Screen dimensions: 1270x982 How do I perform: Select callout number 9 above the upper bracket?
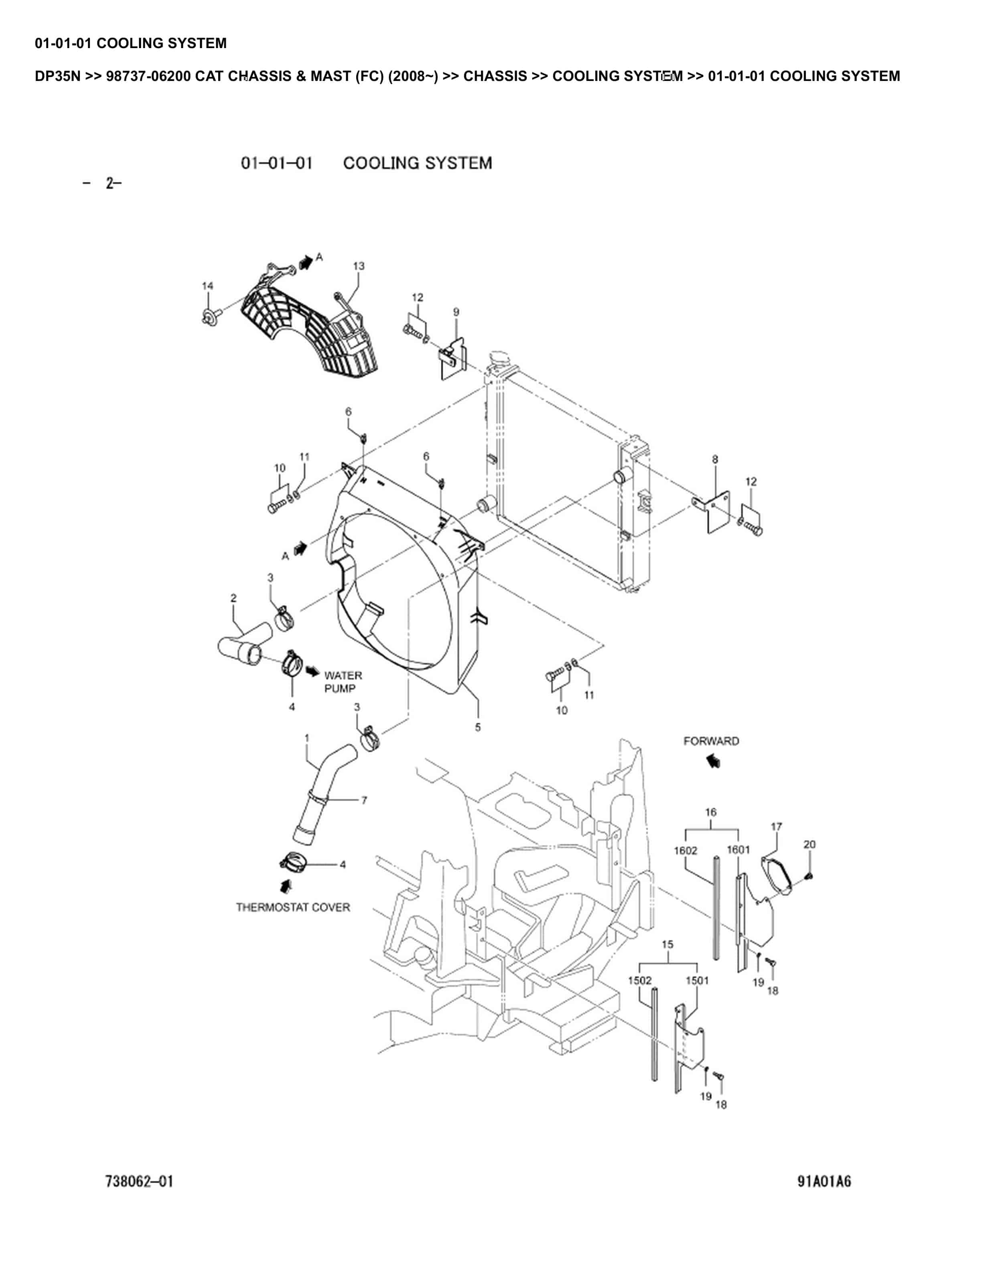click(456, 312)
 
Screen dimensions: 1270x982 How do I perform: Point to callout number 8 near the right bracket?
click(715, 459)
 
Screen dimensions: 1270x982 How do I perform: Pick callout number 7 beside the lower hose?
click(364, 800)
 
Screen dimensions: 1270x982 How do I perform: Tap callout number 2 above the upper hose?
click(233, 598)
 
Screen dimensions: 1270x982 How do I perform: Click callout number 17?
click(777, 826)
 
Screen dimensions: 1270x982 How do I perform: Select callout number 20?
click(809, 844)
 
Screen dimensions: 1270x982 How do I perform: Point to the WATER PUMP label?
click(343, 682)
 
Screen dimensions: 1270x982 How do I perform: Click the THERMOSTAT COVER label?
click(293, 907)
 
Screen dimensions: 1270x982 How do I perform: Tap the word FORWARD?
click(711, 741)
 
